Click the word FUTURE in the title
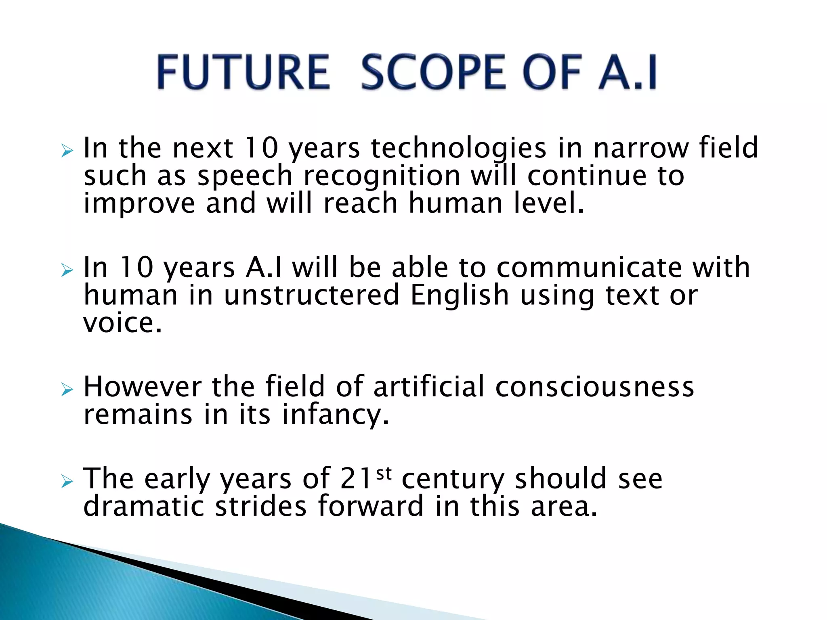click(x=243, y=72)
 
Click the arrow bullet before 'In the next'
click(x=67, y=152)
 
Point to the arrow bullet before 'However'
click(x=67, y=390)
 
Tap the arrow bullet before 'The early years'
click(x=67, y=481)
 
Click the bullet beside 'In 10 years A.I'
click(x=67, y=270)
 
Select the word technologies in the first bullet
click(x=458, y=148)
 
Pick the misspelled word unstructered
click(x=311, y=295)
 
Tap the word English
click(x=460, y=295)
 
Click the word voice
click(x=122, y=323)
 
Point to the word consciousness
click(x=594, y=387)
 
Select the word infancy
click(x=335, y=415)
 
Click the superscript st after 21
click(x=384, y=473)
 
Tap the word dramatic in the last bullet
click(x=144, y=506)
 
